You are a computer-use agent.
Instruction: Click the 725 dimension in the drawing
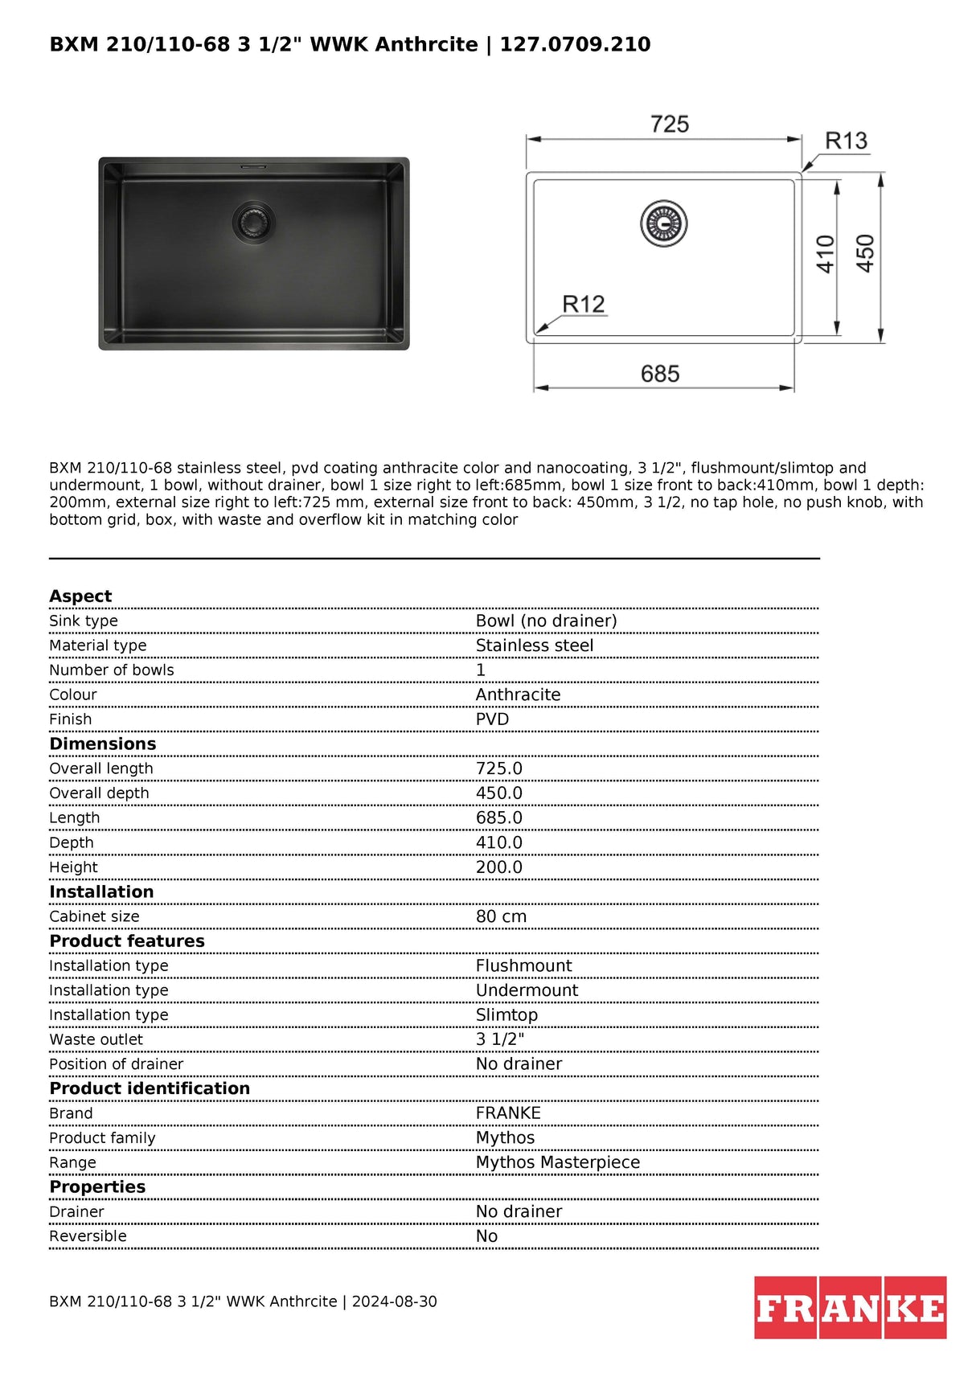669,125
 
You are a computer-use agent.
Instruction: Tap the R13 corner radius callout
846,141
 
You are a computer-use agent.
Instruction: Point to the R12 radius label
583,305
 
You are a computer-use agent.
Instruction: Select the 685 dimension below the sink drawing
659,374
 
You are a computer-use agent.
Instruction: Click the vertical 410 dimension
826,254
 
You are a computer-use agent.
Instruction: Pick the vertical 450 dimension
865,254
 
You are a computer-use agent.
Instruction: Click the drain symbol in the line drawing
664,223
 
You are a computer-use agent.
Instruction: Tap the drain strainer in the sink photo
253,221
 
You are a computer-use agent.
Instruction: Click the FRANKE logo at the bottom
850,1308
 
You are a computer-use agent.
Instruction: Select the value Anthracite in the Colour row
518,695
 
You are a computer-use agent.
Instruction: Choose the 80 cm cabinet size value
501,916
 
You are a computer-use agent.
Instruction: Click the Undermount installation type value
527,990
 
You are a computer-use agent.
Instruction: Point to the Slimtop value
506,1015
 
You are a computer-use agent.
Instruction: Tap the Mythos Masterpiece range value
557,1162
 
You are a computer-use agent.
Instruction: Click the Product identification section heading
150,1088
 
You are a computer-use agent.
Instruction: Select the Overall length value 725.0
498,768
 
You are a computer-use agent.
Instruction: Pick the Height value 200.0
498,867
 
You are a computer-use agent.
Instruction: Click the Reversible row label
88,1236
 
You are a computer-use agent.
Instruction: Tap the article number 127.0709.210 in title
575,44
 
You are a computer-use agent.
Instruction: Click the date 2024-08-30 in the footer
394,1301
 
